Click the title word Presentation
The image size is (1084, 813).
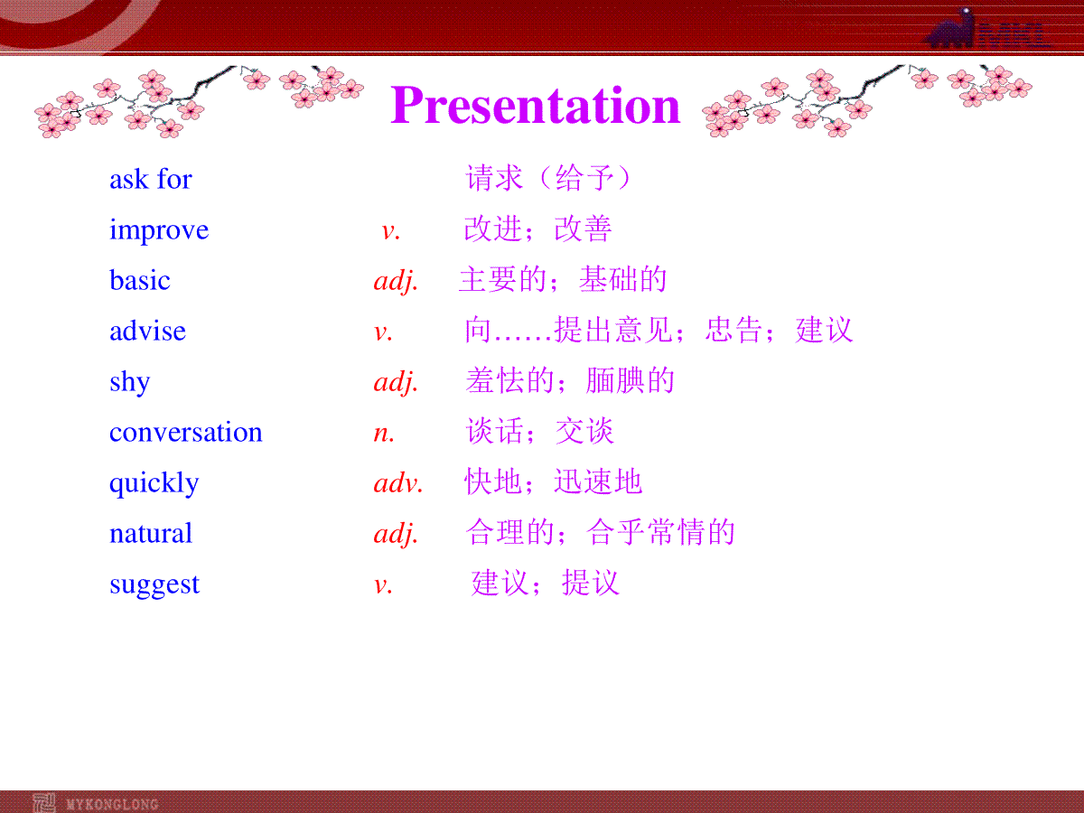536,105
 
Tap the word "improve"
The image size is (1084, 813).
159,230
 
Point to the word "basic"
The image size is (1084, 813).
140,280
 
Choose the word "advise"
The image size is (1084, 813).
147,331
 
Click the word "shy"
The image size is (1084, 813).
129,382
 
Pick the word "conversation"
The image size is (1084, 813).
186,433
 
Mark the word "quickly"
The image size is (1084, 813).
154,482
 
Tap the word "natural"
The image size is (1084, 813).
151,533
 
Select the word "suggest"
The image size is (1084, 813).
154,585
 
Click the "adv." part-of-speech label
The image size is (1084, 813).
398,482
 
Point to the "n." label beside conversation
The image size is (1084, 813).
384,434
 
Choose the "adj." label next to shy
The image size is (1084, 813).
396,382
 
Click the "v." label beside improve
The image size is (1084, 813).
391,231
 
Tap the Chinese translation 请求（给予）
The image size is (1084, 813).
548,178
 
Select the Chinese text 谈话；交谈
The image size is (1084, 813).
540,431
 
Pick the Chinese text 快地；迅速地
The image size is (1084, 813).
553,481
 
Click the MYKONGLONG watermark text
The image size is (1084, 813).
112,804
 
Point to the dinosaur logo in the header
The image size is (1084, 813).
950,29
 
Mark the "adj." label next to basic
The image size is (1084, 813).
396,281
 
